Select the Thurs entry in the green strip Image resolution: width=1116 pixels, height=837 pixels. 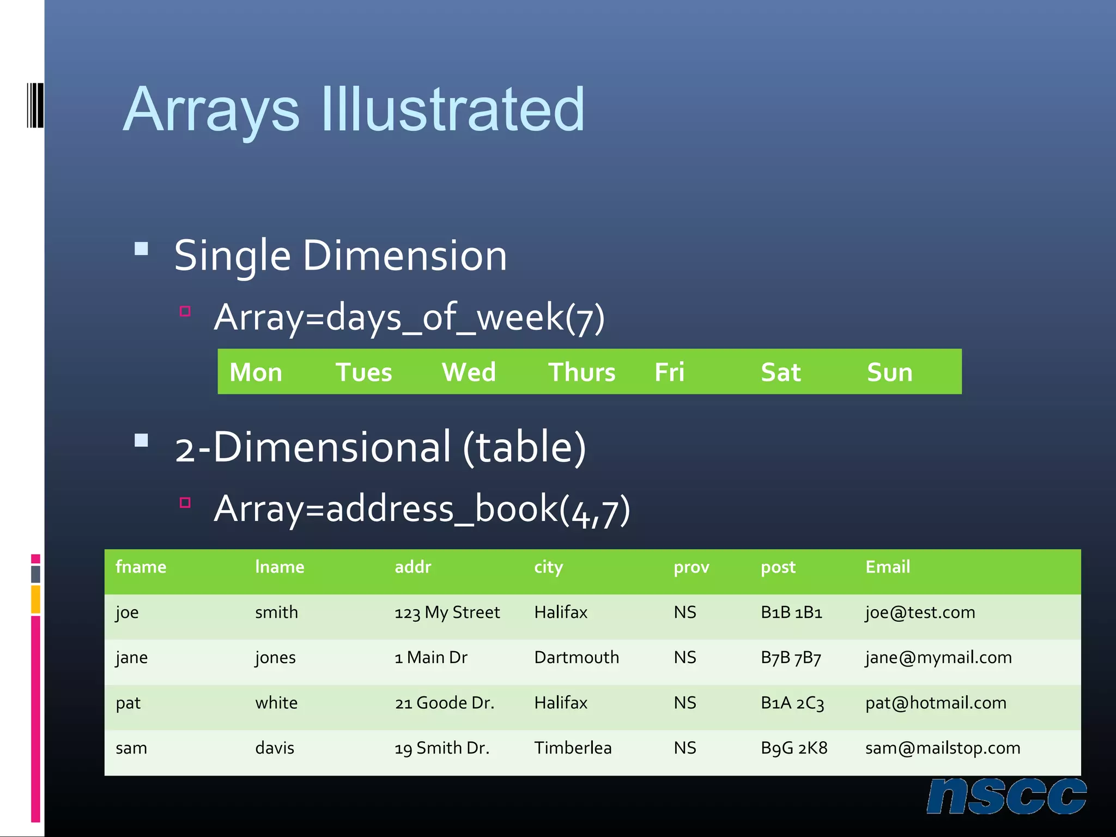[x=581, y=373]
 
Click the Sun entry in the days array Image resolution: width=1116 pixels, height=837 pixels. [x=889, y=373]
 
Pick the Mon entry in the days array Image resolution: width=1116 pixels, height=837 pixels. [x=256, y=373]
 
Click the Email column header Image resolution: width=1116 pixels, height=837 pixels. [x=887, y=567]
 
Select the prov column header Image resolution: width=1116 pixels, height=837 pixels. [x=691, y=567]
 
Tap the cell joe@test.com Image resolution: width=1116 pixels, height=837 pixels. [x=920, y=612]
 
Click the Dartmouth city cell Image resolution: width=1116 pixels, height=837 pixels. [x=576, y=658]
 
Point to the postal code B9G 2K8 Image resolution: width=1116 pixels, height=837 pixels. [x=793, y=748]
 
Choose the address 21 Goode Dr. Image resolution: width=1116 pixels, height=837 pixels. [x=444, y=703]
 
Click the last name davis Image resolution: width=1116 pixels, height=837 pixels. [x=274, y=748]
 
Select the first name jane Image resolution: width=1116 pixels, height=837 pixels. [x=131, y=658]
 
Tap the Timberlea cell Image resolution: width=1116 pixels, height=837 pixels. [x=572, y=748]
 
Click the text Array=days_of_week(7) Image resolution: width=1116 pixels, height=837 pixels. [x=409, y=317]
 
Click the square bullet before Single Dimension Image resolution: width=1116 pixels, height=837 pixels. [x=141, y=249]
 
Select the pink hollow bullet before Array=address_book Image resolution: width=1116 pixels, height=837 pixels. [x=185, y=502]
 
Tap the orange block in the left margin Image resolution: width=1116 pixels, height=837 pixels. [x=35, y=599]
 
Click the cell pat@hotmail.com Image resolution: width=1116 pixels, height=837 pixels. [x=935, y=703]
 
